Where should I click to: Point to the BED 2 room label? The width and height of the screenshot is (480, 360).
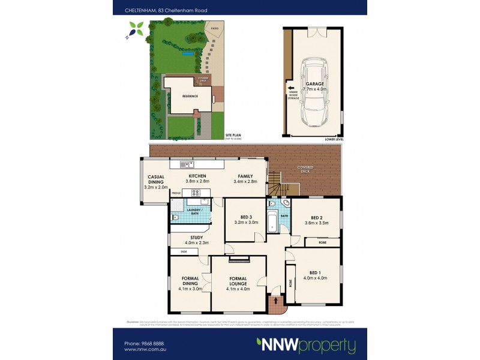(317, 218)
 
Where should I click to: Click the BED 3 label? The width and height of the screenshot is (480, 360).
(246, 218)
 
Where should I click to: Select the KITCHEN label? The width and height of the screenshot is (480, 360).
(197, 177)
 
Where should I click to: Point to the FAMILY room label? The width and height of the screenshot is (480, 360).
(245, 177)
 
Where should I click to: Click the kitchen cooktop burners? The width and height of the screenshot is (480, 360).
(195, 193)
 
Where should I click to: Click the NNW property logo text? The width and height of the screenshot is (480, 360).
(306, 346)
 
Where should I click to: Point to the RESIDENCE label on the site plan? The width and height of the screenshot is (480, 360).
(190, 95)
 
